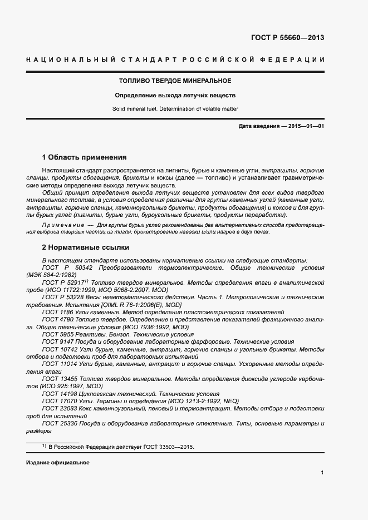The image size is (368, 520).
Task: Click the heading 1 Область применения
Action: (x=84, y=157)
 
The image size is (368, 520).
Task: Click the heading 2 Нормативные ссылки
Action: (x=85, y=246)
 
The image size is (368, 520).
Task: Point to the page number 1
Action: (x=322, y=472)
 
